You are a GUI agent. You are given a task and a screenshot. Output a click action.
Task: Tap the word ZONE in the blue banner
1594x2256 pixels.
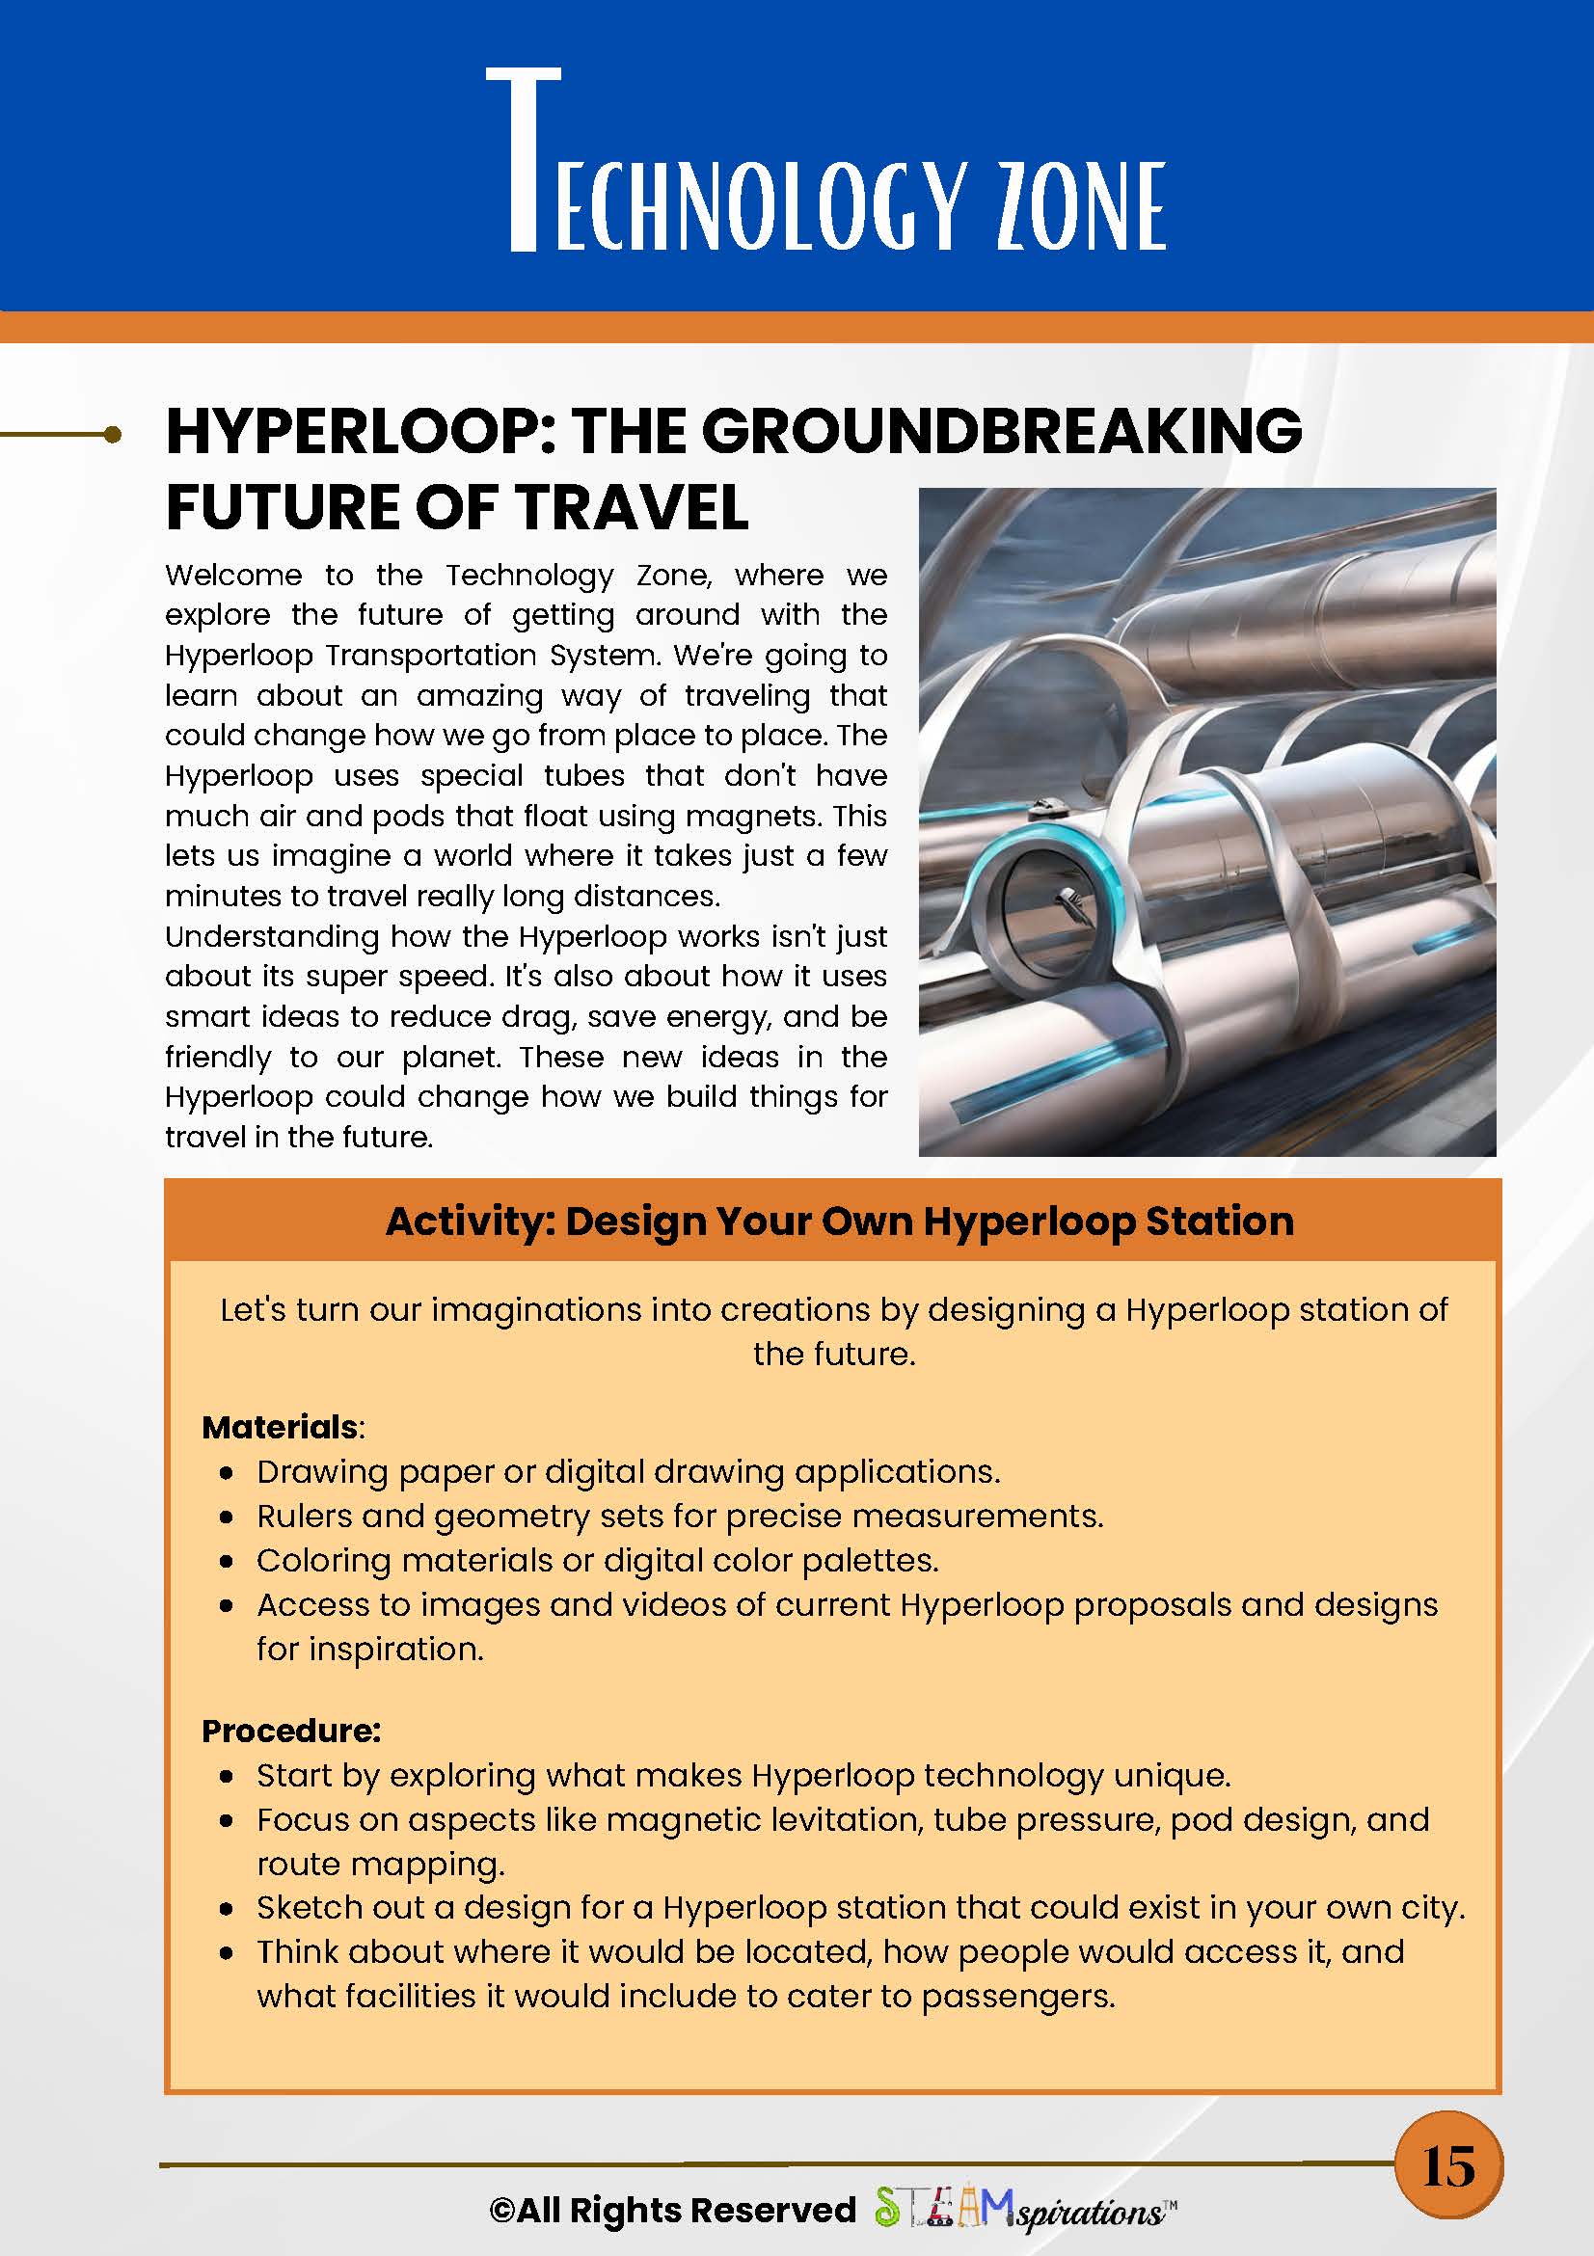(x=1081, y=206)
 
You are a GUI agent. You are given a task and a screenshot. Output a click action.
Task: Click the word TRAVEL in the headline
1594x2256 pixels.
(x=633, y=508)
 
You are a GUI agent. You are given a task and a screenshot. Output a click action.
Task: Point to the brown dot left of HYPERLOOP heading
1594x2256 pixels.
(x=113, y=434)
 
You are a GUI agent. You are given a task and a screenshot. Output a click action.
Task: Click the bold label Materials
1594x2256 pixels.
(x=280, y=1427)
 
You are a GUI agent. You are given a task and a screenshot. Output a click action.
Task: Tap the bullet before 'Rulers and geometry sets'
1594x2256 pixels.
(x=227, y=1517)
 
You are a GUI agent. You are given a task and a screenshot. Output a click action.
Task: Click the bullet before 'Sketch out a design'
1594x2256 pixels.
(x=227, y=1908)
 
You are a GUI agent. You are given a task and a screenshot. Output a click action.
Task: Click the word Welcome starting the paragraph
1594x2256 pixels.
(x=234, y=575)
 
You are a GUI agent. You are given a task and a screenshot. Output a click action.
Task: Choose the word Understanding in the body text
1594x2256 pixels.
(x=271, y=936)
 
